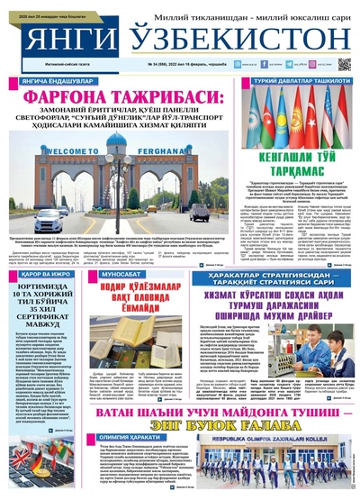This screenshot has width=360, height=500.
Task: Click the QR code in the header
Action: pyautogui.click(x=345, y=65)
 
